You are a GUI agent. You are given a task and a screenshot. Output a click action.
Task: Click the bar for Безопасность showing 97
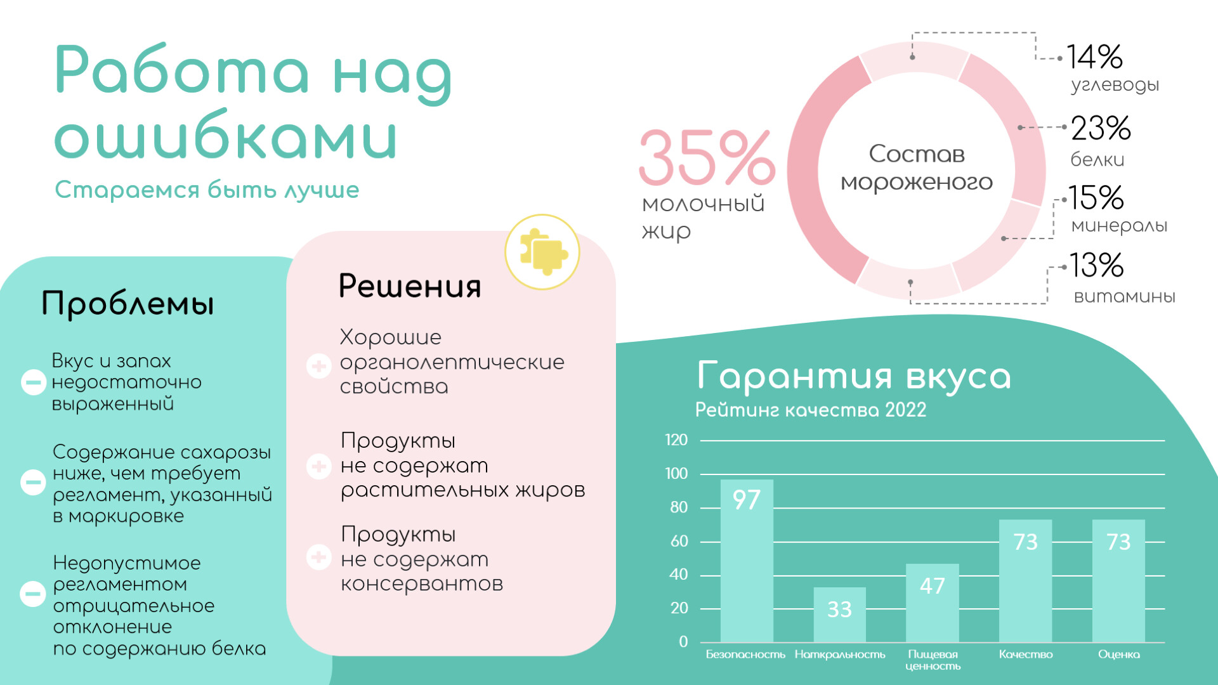click(747, 561)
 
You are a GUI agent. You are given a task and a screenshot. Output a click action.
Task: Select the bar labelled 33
click(839, 615)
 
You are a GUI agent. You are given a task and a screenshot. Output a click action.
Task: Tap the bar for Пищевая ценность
click(932, 603)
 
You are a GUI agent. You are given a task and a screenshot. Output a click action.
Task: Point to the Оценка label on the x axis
click(1119, 654)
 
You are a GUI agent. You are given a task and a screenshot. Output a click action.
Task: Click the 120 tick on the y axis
click(676, 440)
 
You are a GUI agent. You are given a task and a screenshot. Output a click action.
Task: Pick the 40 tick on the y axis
click(679, 575)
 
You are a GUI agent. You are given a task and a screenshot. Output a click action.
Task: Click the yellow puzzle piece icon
click(542, 252)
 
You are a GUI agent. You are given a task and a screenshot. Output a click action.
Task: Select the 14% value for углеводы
click(1094, 57)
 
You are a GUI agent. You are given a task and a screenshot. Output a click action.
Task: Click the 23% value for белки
click(1101, 128)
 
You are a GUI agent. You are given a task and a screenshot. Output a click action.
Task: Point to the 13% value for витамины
click(1096, 265)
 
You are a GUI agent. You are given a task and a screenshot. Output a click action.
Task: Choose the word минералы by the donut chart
click(1120, 226)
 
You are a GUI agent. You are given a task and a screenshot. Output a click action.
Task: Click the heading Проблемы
click(128, 303)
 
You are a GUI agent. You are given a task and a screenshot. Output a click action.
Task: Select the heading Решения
click(410, 286)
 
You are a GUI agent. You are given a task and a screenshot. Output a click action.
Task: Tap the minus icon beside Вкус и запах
click(33, 382)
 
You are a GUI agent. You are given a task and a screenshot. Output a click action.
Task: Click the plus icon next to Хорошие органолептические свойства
click(318, 366)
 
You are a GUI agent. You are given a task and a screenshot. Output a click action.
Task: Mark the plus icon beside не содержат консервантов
click(318, 558)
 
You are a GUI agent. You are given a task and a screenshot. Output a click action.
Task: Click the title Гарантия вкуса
click(853, 376)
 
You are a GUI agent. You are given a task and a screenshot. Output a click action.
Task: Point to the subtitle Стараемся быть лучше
click(207, 190)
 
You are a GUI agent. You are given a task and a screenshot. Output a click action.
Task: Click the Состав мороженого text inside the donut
click(917, 168)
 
